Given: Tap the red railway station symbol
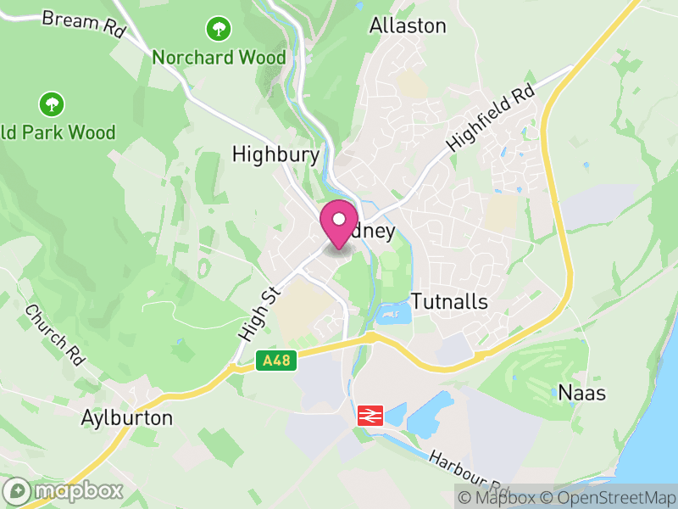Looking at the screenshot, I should (370, 415).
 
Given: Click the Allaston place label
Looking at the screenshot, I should (407, 25).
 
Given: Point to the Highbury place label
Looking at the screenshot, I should (275, 154).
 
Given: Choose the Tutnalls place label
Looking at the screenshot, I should (449, 301).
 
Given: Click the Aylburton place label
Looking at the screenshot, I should (127, 418).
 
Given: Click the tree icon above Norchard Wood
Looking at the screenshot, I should (220, 30).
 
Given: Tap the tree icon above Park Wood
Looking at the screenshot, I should (53, 105).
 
